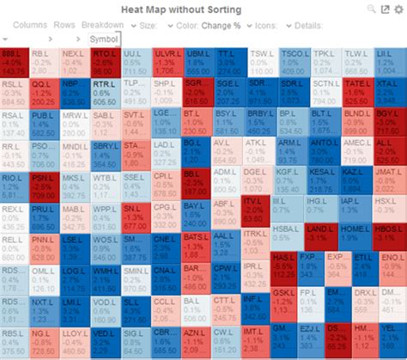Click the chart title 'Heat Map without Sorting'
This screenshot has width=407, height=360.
[203, 8]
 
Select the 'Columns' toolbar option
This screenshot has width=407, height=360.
[30, 25]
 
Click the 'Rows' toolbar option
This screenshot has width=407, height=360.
[64, 25]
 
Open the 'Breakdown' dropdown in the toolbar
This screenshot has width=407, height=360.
[102, 25]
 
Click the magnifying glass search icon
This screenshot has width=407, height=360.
[371, 8]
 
